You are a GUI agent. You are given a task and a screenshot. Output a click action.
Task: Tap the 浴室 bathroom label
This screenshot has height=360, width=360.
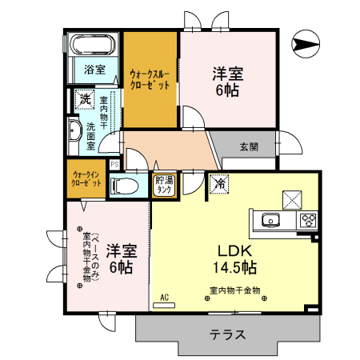click(94, 70)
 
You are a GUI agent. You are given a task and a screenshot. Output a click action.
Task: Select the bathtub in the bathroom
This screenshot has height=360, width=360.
click(94, 45)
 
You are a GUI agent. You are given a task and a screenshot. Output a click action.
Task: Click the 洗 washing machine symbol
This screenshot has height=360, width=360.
click(83, 100)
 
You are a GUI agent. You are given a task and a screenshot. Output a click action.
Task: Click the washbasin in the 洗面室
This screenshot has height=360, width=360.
click(74, 132)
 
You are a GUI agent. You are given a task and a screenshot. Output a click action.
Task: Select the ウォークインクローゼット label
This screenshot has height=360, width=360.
click(86, 178)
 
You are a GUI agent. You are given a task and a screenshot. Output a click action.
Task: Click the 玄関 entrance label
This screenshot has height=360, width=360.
click(249, 146)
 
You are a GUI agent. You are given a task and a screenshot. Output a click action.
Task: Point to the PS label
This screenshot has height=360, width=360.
click(114, 165)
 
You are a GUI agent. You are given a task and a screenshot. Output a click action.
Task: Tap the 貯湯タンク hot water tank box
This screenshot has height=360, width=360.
click(164, 185)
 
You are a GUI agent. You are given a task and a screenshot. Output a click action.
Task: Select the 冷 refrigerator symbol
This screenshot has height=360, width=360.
click(218, 184)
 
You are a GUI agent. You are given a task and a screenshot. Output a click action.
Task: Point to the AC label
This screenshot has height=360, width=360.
click(164, 298)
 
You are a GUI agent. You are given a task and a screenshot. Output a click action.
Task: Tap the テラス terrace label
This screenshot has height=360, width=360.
click(227, 335)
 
